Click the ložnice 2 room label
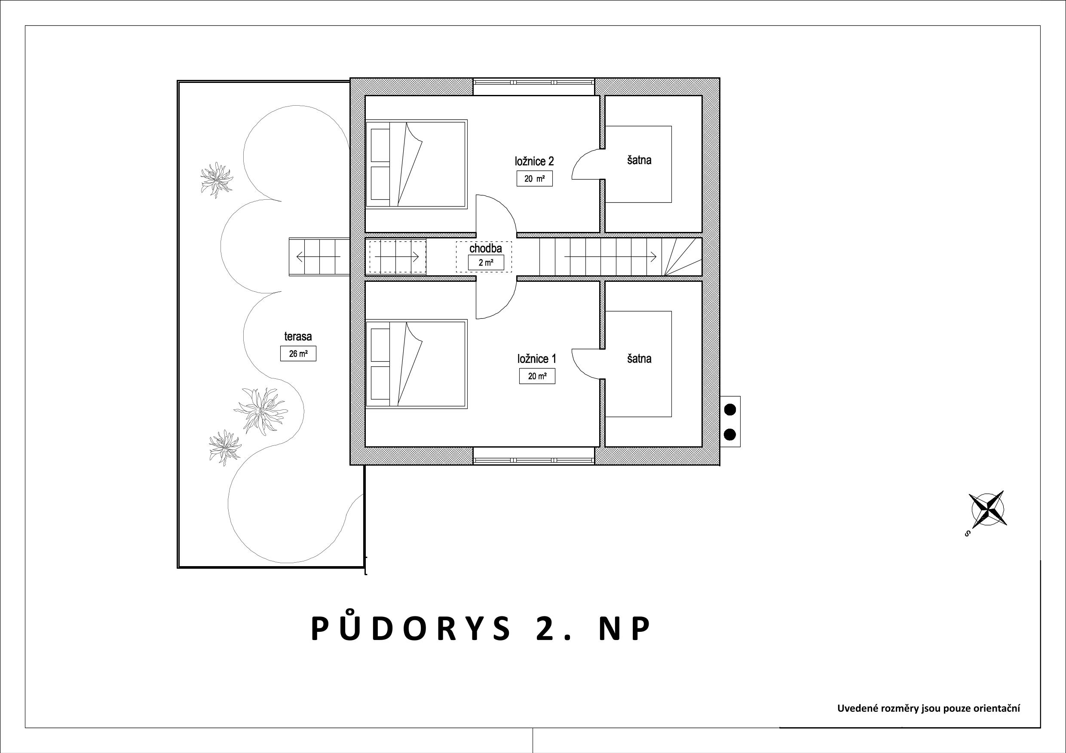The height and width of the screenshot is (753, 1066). (x=534, y=162)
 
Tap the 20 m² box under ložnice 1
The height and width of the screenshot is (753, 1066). (x=537, y=376)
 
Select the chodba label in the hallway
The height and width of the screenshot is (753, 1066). (x=486, y=248)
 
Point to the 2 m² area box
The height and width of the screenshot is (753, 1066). (x=486, y=262)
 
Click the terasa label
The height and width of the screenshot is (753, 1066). (x=298, y=336)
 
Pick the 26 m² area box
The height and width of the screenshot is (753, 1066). (x=298, y=354)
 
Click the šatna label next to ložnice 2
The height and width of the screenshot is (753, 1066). (x=639, y=160)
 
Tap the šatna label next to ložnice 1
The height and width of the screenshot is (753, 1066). (x=639, y=359)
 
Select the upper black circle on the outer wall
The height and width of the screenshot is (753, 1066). (x=730, y=410)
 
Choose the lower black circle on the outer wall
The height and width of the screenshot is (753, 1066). (x=730, y=435)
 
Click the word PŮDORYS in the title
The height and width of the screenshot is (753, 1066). (x=410, y=629)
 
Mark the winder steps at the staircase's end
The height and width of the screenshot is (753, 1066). (x=683, y=257)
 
